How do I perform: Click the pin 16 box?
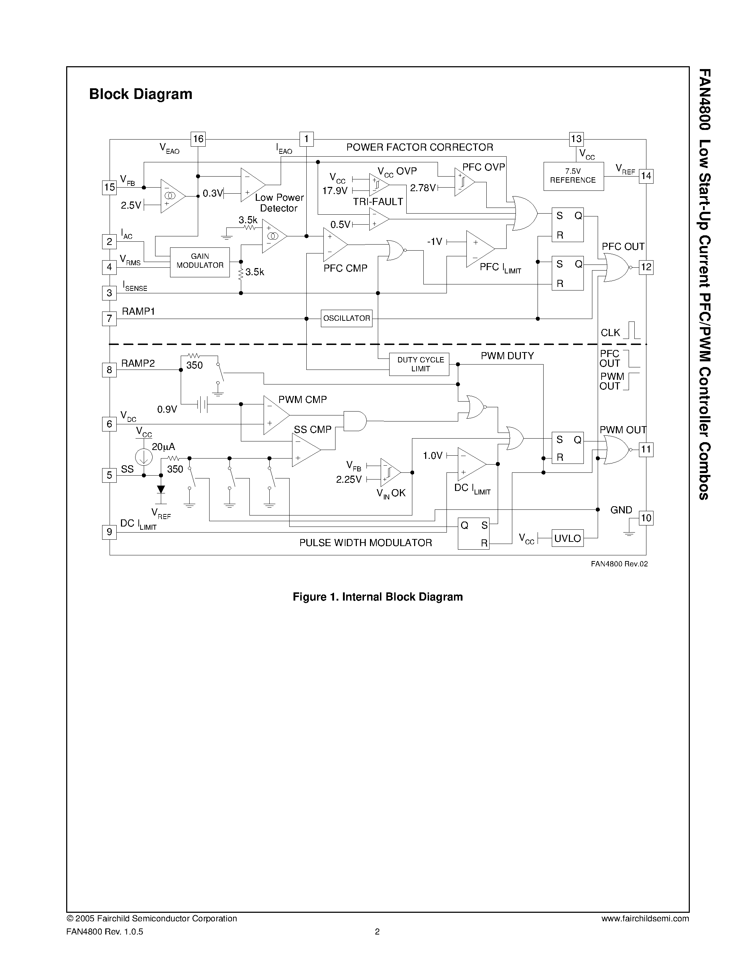(x=198, y=139)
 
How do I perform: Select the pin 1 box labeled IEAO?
(x=306, y=139)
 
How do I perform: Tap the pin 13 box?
(x=576, y=139)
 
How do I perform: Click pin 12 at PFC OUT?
(x=646, y=267)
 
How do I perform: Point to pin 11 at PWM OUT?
(x=646, y=449)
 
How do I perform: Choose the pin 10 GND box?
(x=646, y=518)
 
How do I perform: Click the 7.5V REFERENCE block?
(x=573, y=176)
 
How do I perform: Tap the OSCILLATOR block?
(x=347, y=318)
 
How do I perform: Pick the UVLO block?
(x=567, y=538)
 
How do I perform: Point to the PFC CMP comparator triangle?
(x=334, y=244)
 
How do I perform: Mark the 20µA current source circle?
(x=144, y=457)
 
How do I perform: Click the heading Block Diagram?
(x=141, y=94)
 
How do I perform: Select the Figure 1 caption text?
(x=377, y=597)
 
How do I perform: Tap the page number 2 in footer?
(x=377, y=932)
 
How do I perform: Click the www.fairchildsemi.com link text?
(x=645, y=918)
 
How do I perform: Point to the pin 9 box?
(x=109, y=532)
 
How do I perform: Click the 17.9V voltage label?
(x=334, y=190)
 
